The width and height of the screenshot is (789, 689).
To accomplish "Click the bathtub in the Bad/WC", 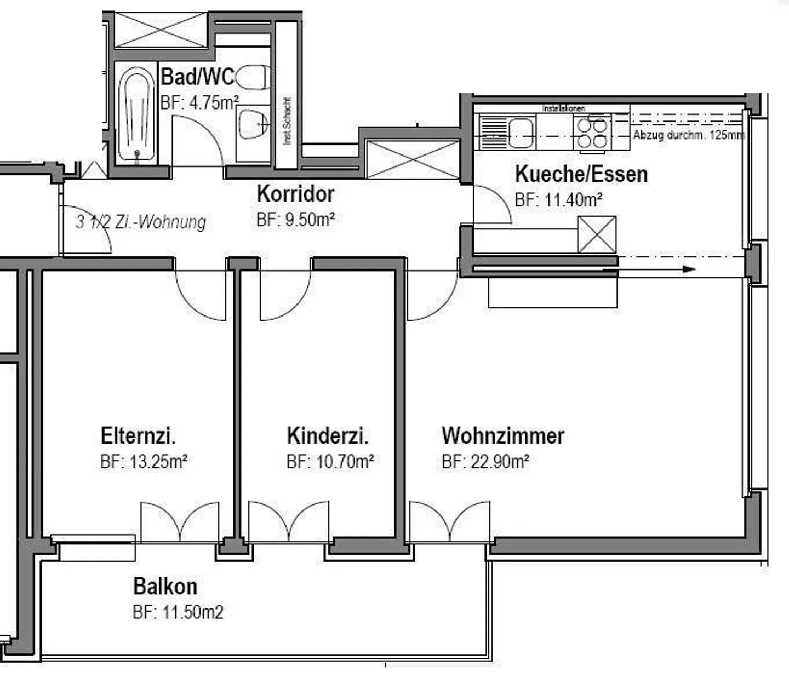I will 136,116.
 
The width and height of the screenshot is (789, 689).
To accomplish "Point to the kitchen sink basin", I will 521,133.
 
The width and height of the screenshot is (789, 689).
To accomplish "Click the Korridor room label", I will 295,194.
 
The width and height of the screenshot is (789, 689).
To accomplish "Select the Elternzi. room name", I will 138,437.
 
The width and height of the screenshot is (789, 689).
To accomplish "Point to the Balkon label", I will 165,587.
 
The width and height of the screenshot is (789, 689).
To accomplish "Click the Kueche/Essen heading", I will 581,174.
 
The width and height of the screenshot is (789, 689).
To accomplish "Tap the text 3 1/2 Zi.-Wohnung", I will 141,222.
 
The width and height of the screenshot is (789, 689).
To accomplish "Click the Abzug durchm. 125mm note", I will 689,135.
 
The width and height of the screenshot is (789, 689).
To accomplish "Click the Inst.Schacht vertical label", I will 287,122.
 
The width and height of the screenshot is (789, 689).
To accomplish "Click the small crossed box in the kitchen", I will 597,234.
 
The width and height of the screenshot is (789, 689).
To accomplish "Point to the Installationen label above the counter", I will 564,108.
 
